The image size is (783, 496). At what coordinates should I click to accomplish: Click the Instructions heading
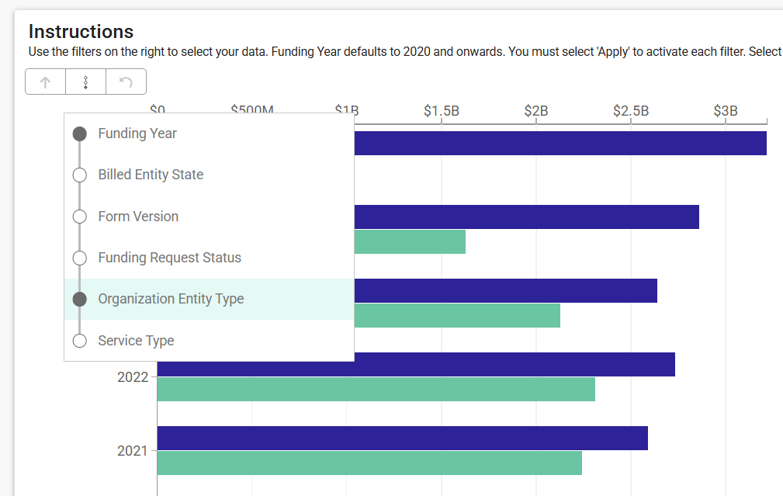coord(81,32)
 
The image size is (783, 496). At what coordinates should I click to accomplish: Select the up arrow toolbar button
coord(46,82)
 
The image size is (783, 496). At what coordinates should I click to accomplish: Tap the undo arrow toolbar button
coord(126,82)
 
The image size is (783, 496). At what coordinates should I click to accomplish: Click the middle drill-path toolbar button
coord(85,82)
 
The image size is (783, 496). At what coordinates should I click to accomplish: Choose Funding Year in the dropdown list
coord(137,134)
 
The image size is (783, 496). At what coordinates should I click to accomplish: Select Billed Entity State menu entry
coord(151,175)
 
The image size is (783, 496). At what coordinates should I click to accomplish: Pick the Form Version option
coord(138,217)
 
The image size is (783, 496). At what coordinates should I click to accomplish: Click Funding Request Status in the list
coord(169,258)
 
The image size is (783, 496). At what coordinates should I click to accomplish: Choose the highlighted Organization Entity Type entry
coord(171,299)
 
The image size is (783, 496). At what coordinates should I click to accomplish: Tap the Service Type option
coord(136,341)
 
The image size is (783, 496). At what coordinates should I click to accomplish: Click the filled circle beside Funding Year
coord(79,134)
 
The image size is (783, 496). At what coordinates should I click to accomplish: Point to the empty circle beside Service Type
coord(79,341)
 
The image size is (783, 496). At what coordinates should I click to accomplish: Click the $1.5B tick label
coord(442,111)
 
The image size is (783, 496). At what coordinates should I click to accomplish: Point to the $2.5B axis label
coord(631,111)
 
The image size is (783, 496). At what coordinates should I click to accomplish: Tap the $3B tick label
coord(726,111)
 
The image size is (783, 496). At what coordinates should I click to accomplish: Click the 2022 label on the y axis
coord(132,377)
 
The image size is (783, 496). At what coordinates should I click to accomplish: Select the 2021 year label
coord(132,451)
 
